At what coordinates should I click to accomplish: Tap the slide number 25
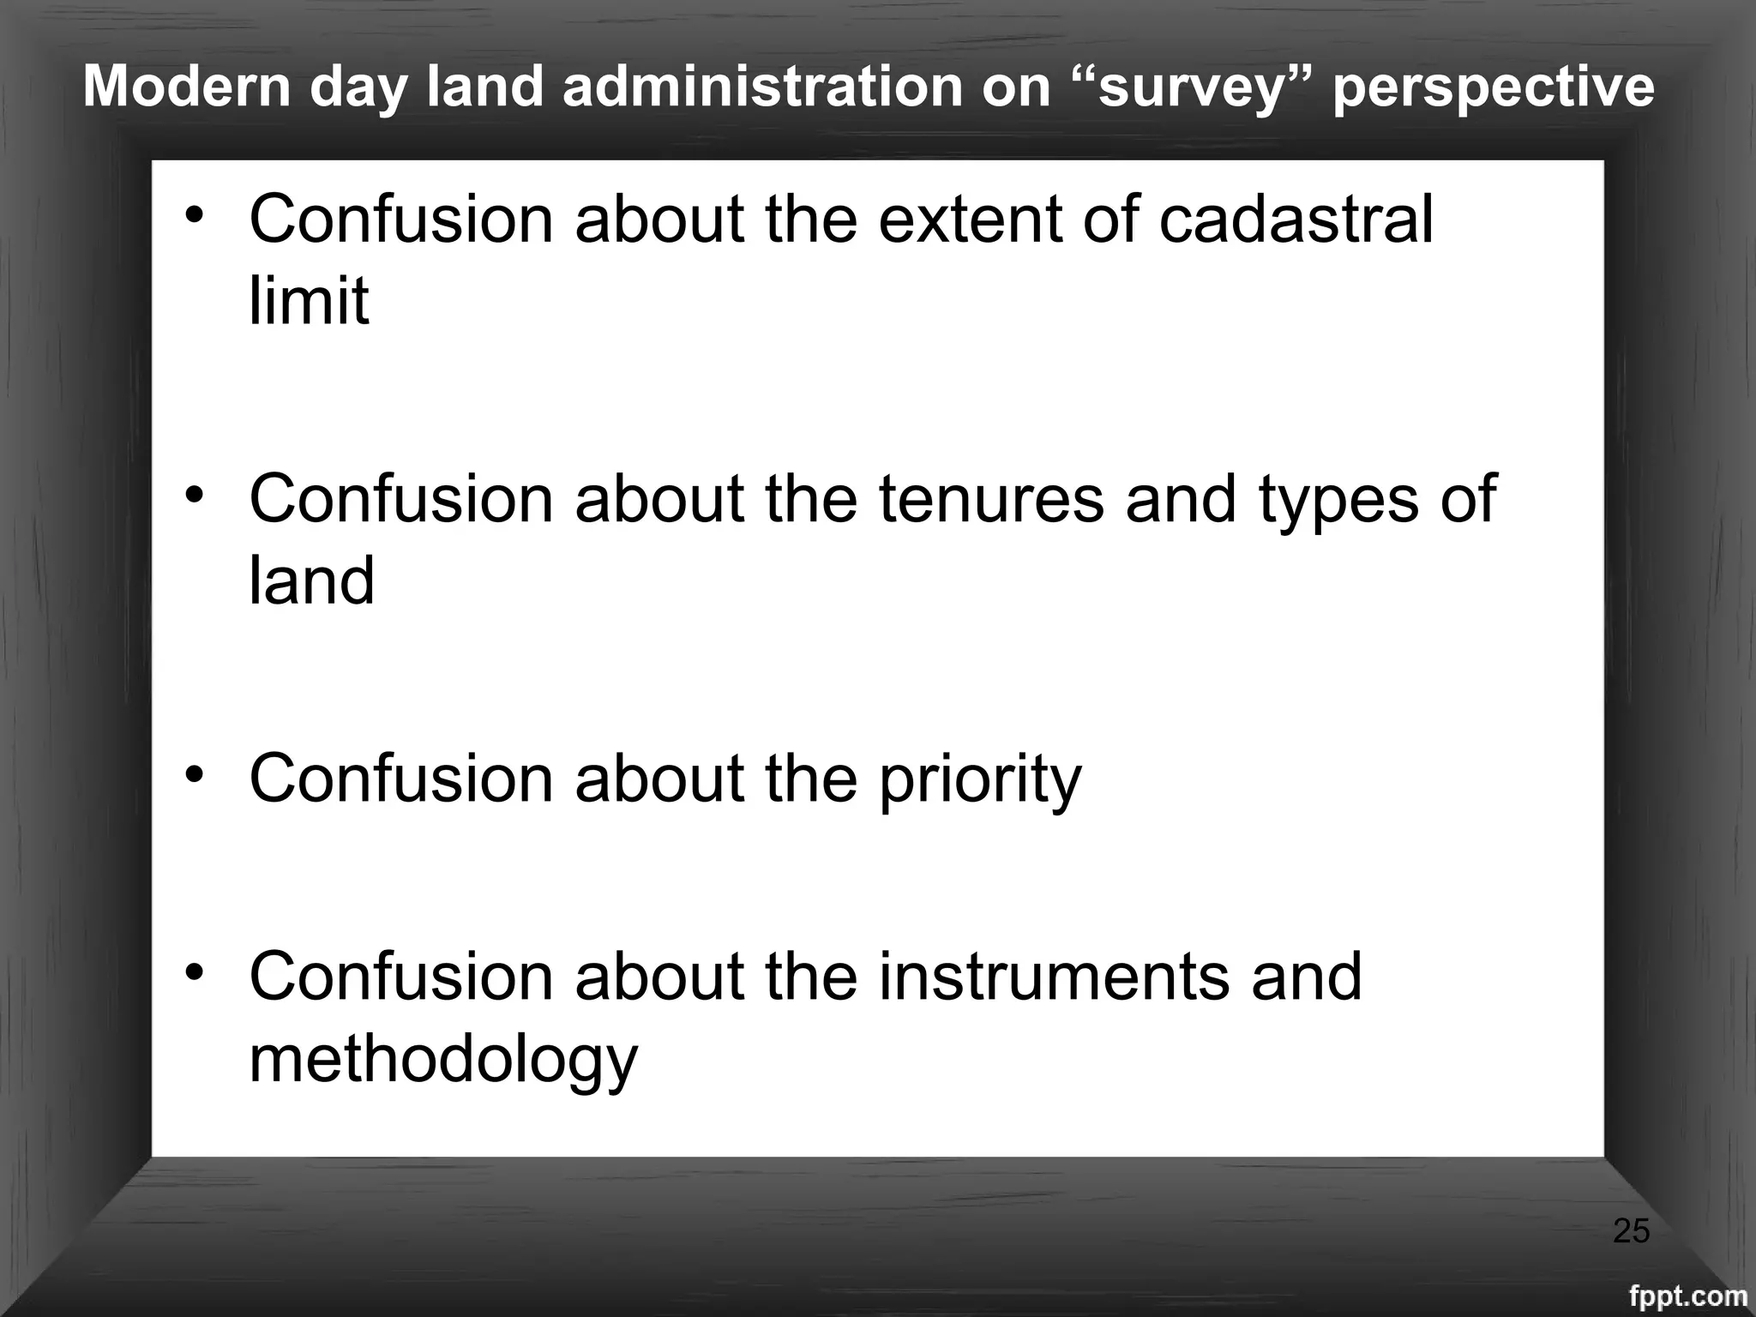tap(1631, 1232)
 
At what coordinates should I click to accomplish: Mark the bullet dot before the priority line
tap(196, 773)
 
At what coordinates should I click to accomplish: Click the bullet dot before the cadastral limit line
tap(196, 213)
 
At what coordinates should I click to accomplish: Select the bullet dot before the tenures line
tap(196, 494)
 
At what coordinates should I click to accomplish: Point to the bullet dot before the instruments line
tap(196, 971)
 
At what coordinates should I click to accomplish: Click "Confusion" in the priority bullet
tap(401, 779)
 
